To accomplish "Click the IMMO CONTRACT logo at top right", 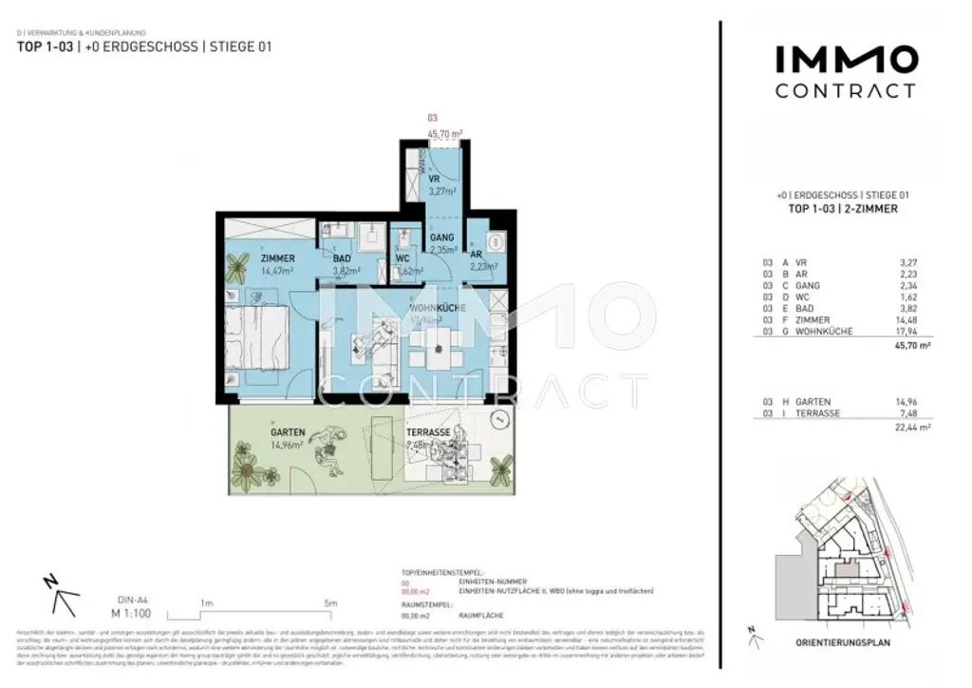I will [846, 72].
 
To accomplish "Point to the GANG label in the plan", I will [442, 238].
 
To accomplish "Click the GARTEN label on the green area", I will [286, 432].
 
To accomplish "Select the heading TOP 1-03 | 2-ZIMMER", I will [844, 208].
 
